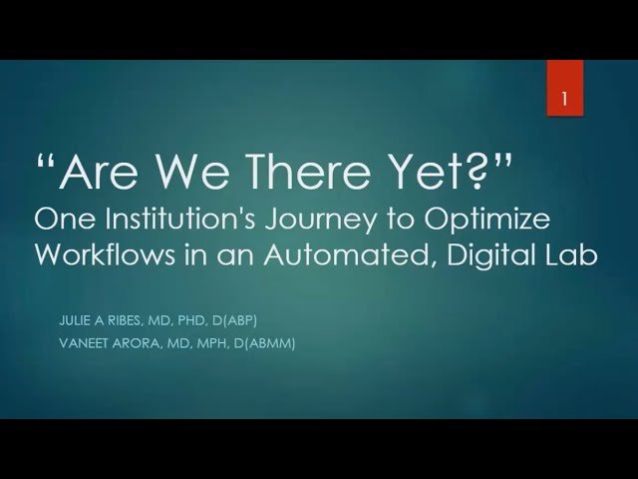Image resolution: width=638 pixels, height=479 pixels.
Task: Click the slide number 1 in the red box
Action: pos(565,101)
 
